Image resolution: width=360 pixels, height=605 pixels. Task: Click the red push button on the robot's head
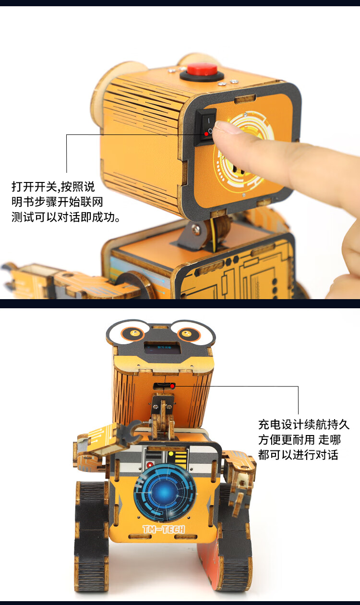click(202, 69)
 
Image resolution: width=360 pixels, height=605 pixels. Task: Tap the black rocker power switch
click(206, 127)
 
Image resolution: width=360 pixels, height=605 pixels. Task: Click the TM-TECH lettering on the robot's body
click(164, 530)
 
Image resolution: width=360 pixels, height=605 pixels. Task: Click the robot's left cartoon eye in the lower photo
click(132, 333)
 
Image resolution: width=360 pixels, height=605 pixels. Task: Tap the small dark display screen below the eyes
click(163, 349)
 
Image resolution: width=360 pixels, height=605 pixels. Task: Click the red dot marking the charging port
click(172, 386)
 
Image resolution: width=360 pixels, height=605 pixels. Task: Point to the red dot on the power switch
click(206, 133)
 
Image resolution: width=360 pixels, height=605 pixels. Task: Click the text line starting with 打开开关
click(53, 187)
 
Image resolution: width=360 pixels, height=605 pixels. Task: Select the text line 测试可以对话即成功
click(66, 217)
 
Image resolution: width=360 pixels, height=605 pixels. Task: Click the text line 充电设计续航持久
click(304, 424)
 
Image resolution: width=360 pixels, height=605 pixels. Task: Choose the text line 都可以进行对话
click(298, 455)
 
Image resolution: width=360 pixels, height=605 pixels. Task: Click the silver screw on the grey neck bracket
click(196, 230)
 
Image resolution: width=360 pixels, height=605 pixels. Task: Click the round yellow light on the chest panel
click(170, 454)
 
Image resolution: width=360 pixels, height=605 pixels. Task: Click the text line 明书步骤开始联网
click(57, 202)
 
